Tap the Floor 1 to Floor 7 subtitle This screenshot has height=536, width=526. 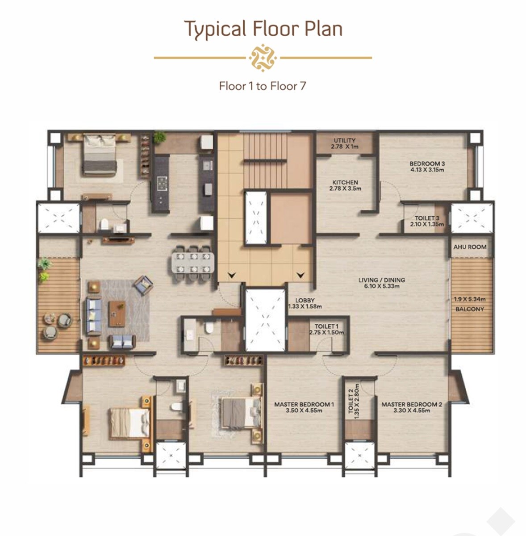(263, 86)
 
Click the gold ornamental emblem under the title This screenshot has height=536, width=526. (263, 58)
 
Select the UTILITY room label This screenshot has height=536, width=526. (345, 143)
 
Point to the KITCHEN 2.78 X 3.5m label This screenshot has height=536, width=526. (345, 185)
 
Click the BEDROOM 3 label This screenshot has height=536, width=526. (427, 167)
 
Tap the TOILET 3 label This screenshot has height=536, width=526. (427, 221)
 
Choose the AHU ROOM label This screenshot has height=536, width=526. (470, 247)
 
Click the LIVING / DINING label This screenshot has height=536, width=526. (382, 283)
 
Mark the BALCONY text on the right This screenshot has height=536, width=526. (470, 309)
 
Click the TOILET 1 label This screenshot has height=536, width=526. (326, 329)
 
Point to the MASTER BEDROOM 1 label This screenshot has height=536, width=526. (304, 407)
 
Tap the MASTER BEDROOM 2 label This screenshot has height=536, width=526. (411, 407)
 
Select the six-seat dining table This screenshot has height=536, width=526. (191, 263)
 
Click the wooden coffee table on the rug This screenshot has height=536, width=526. (117, 313)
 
